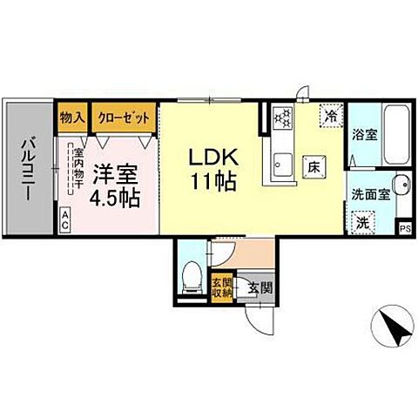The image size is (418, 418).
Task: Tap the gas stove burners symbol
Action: tap(284, 116)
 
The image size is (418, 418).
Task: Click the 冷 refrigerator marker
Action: tap(331, 114)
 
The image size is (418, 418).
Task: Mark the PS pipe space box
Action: tap(404, 227)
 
